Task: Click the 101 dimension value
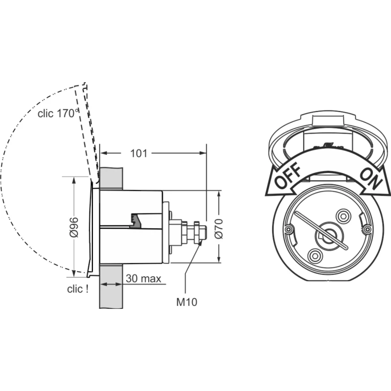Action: point(139,153)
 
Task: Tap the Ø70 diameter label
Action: point(218,228)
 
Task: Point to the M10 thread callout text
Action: point(186,302)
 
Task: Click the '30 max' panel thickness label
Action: point(144,279)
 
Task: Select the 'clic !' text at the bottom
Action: point(78,289)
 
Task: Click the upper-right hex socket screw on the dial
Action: point(343,216)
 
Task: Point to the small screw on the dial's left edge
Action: point(289,229)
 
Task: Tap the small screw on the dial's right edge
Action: point(367,227)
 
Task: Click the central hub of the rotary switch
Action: point(326,235)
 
